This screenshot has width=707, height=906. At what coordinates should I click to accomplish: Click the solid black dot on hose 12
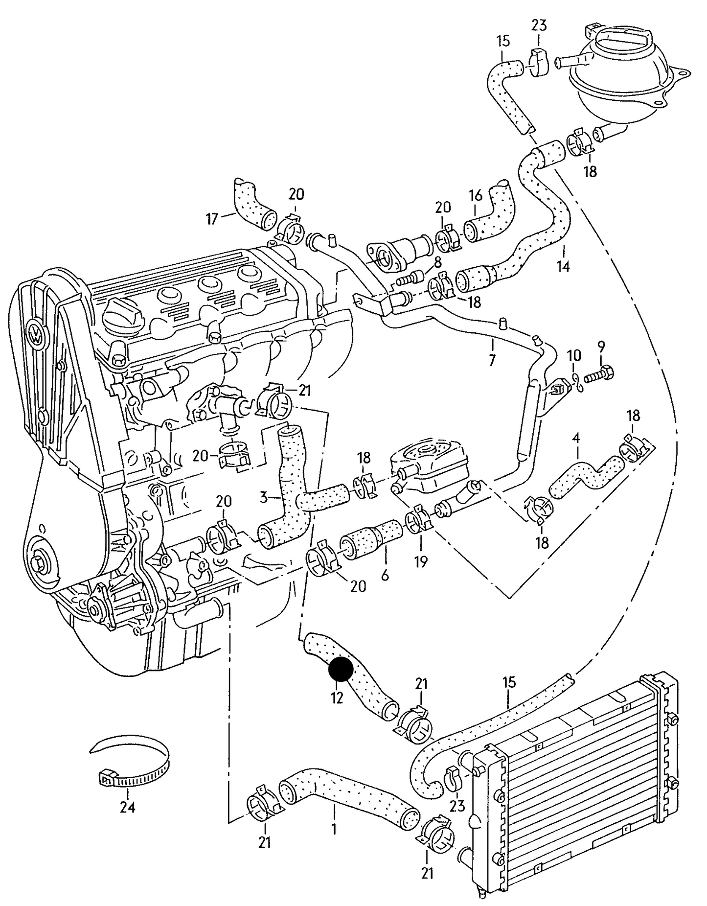tap(341, 669)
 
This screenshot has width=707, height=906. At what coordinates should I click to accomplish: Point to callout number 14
tap(563, 267)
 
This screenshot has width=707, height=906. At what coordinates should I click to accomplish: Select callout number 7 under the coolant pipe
tap(492, 361)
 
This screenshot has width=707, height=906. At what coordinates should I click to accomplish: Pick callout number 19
tap(420, 561)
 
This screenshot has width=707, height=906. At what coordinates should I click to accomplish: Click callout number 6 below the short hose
tap(385, 576)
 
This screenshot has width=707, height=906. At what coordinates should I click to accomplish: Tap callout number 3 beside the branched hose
tap(264, 498)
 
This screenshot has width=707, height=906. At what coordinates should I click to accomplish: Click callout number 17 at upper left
tap(211, 219)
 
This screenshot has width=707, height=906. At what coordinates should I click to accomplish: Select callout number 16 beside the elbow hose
tap(476, 196)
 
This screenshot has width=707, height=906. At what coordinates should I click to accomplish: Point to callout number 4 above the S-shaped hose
tap(576, 438)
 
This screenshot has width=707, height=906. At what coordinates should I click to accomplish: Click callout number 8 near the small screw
tap(437, 261)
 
